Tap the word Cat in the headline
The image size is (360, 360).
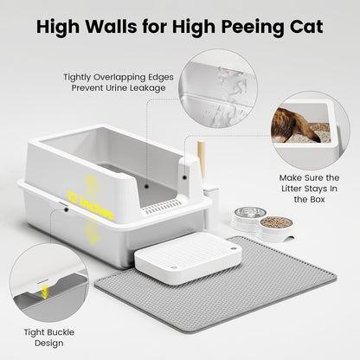(303, 27)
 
